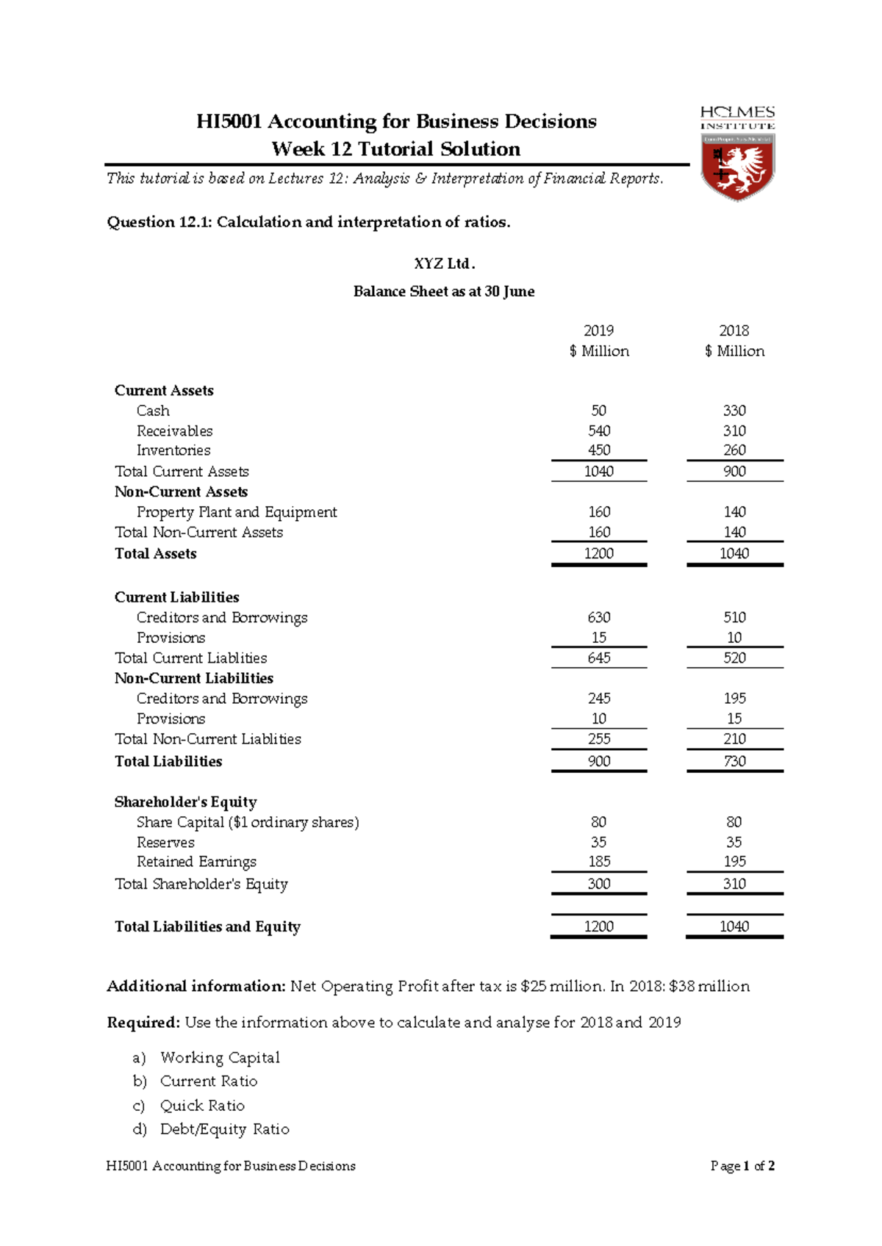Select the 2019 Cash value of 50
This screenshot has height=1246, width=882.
click(x=598, y=411)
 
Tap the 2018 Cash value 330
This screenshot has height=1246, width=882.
click(x=734, y=411)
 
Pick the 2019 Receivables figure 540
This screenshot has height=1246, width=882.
click(x=598, y=431)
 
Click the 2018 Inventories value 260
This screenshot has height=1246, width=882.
click(x=734, y=450)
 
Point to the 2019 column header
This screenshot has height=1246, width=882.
click(x=598, y=331)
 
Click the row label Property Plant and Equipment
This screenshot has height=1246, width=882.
click(x=237, y=512)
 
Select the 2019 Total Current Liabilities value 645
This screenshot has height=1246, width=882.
click(x=598, y=658)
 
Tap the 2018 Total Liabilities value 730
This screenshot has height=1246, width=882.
click(x=734, y=761)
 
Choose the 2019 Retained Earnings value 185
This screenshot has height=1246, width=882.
click(x=598, y=861)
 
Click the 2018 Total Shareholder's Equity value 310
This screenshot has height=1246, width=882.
click(x=734, y=884)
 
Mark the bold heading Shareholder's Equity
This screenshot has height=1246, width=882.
click(x=185, y=802)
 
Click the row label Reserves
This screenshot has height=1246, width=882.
click(x=165, y=842)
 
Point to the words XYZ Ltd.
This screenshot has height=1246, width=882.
click(x=444, y=264)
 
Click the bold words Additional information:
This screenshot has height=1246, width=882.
click(x=196, y=986)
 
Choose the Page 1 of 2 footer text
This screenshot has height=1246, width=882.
click(x=742, y=1166)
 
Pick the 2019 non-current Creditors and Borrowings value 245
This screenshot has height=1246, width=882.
click(x=598, y=698)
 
